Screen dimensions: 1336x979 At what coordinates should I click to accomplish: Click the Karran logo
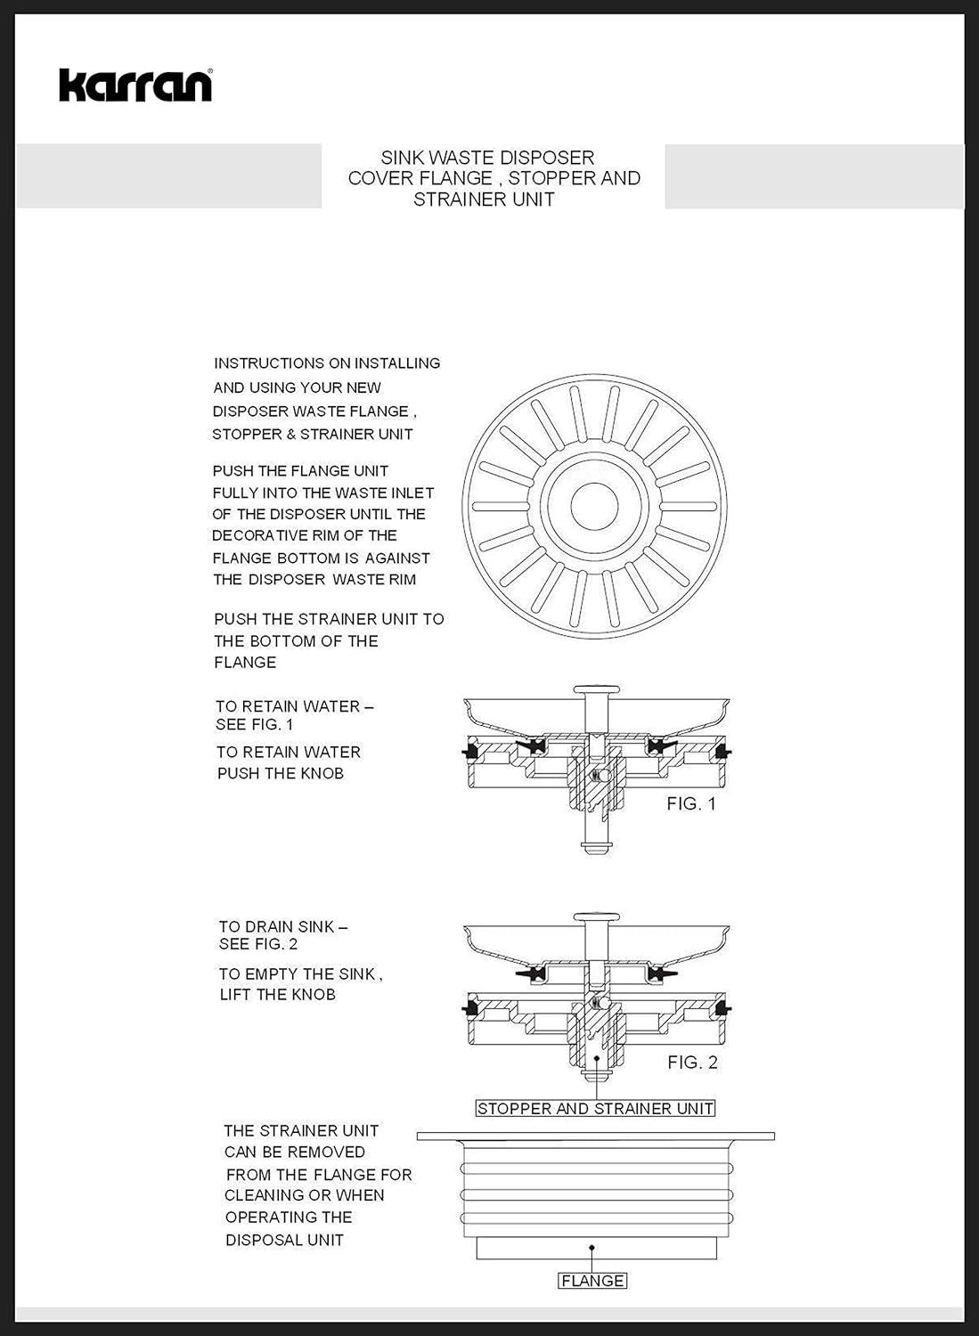pyautogui.click(x=135, y=86)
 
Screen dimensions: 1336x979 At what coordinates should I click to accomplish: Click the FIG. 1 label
pyautogui.click(x=691, y=804)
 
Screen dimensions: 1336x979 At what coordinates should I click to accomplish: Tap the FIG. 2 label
pyautogui.click(x=692, y=1063)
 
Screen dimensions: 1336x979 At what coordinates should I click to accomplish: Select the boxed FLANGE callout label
pyautogui.click(x=592, y=1281)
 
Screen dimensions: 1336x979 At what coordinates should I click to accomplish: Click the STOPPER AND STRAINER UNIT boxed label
pyautogui.click(x=595, y=1109)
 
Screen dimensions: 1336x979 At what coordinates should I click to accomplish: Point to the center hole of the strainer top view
pyautogui.click(x=594, y=506)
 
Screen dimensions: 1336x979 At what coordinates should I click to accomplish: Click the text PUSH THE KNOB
pyautogui.click(x=281, y=774)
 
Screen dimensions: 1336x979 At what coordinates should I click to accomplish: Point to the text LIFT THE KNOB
pyautogui.click(x=278, y=995)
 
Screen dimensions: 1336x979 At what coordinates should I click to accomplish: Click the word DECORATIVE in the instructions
pyautogui.click(x=257, y=536)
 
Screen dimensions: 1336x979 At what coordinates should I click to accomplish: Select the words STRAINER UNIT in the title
pyautogui.click(x=484, y=200)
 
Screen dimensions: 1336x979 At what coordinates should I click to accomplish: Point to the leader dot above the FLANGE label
pyautogui.click(x=591, y=1249)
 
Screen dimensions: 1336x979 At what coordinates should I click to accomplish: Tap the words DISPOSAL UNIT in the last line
pyautogui.click(x=284, y=1241)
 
